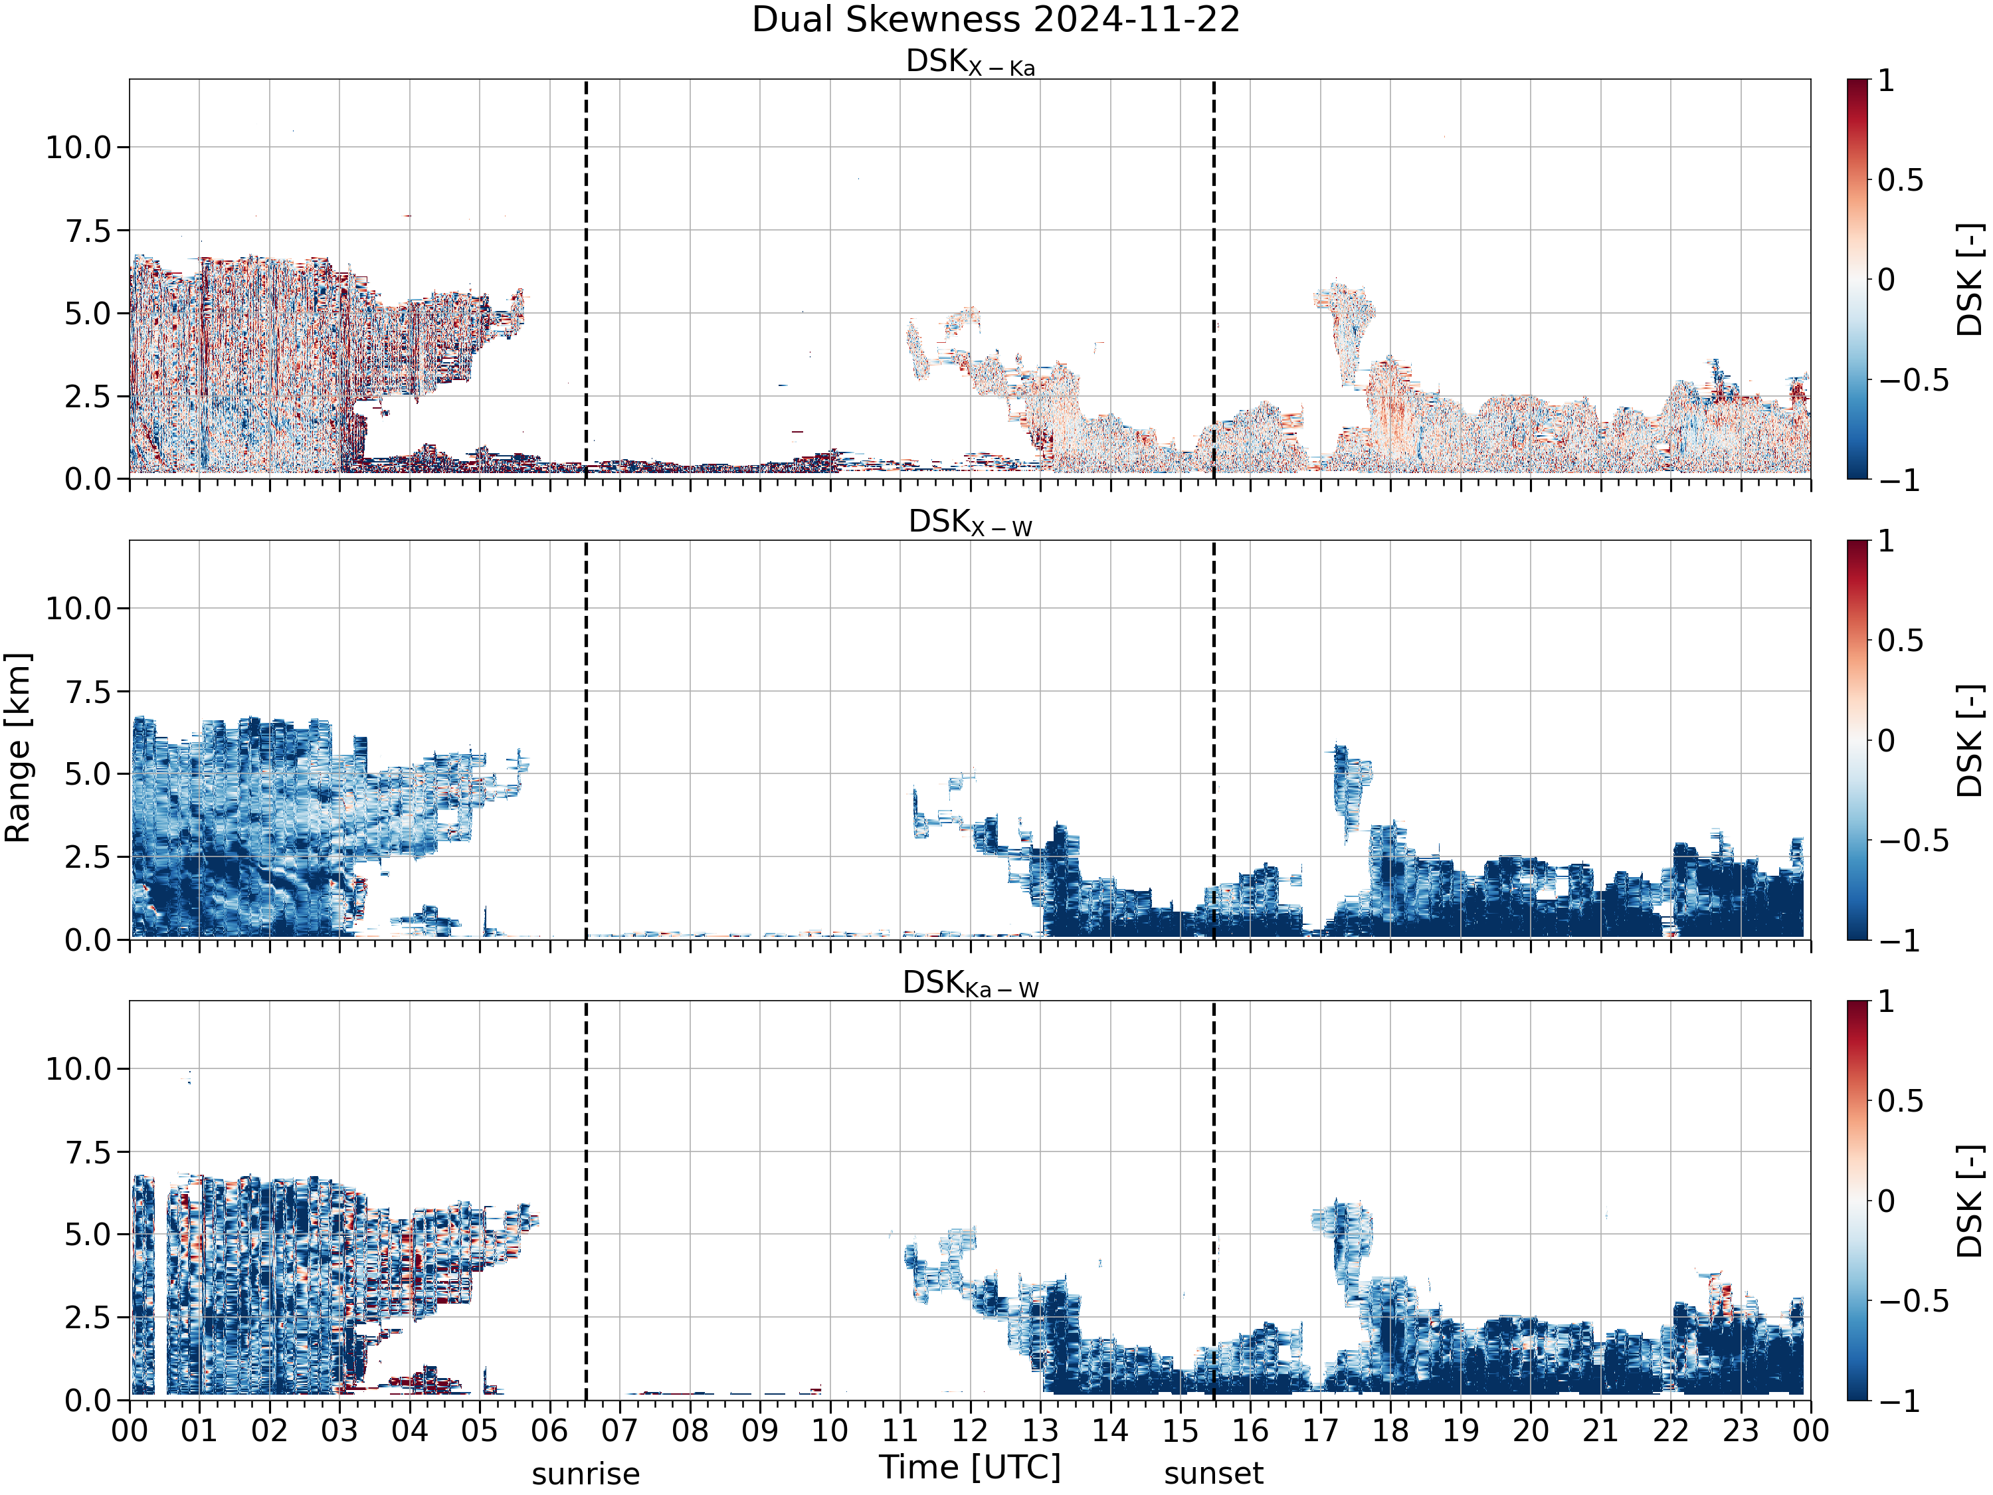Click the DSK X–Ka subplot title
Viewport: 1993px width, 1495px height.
click(x=971, y=62)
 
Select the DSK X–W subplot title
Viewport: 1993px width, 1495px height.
click(x=971, y=523)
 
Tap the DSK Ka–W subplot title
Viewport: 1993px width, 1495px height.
click(x=971, y=984)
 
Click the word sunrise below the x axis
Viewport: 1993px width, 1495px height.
click(x=586, y=1474)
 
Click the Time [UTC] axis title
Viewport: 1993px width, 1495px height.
click(x=971, y=1467)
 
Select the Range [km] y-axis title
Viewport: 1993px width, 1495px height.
click(x=18, y=748)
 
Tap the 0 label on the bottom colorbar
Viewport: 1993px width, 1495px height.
click(x=1886, y=1201)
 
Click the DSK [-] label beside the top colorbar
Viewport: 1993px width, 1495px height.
click(x=1970, y=279)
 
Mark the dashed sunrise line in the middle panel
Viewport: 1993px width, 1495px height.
click(x=586, y=740)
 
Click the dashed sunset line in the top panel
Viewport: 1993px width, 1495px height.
click(x=1214, y=279)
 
